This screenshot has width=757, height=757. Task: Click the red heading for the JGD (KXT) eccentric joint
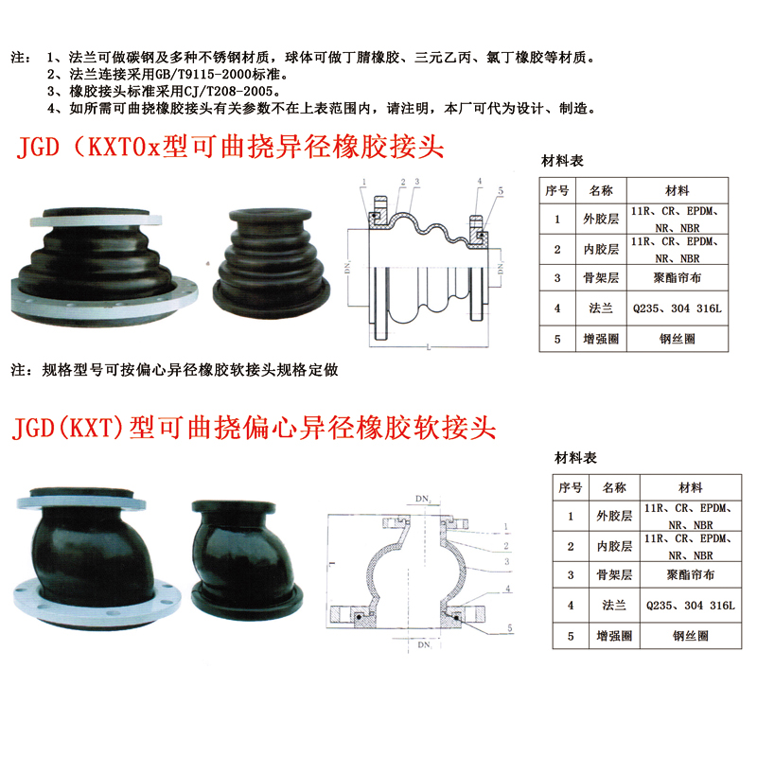coord(254,428)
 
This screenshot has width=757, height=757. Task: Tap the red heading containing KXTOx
coord(230,147)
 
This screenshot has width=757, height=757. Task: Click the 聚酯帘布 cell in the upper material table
coord(677,277)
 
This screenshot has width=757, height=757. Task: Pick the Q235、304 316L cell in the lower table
coord(691,606)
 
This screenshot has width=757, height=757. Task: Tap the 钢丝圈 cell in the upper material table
coord(677,339)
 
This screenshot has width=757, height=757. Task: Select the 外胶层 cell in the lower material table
coord(614,516)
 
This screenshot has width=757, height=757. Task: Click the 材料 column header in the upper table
coord(677,191)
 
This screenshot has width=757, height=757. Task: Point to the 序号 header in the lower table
coord(571,487)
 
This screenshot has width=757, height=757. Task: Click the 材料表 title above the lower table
coord(575,458)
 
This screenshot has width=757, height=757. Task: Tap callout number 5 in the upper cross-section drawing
coord(501,191)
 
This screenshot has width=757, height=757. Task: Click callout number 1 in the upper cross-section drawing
coord(363,182)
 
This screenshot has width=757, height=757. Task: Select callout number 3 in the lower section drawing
coord(507,561)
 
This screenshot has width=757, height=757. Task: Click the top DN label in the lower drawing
coord(423,499)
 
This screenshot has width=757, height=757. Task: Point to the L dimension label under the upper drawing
coord(429,346)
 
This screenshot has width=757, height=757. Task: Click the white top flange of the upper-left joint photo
coord(97,220)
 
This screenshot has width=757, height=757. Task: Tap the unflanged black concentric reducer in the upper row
coord(272,264)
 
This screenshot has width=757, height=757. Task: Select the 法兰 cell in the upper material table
coord(601,308)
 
